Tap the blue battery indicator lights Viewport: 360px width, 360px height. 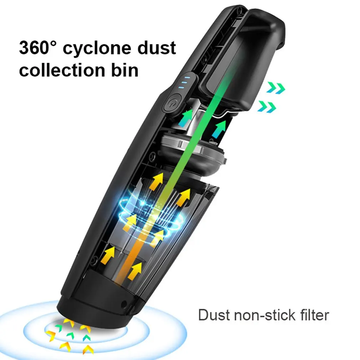click(184, 81)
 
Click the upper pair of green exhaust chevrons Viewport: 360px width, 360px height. click(276, 88)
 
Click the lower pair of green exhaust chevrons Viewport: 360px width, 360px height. click(267, 106)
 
